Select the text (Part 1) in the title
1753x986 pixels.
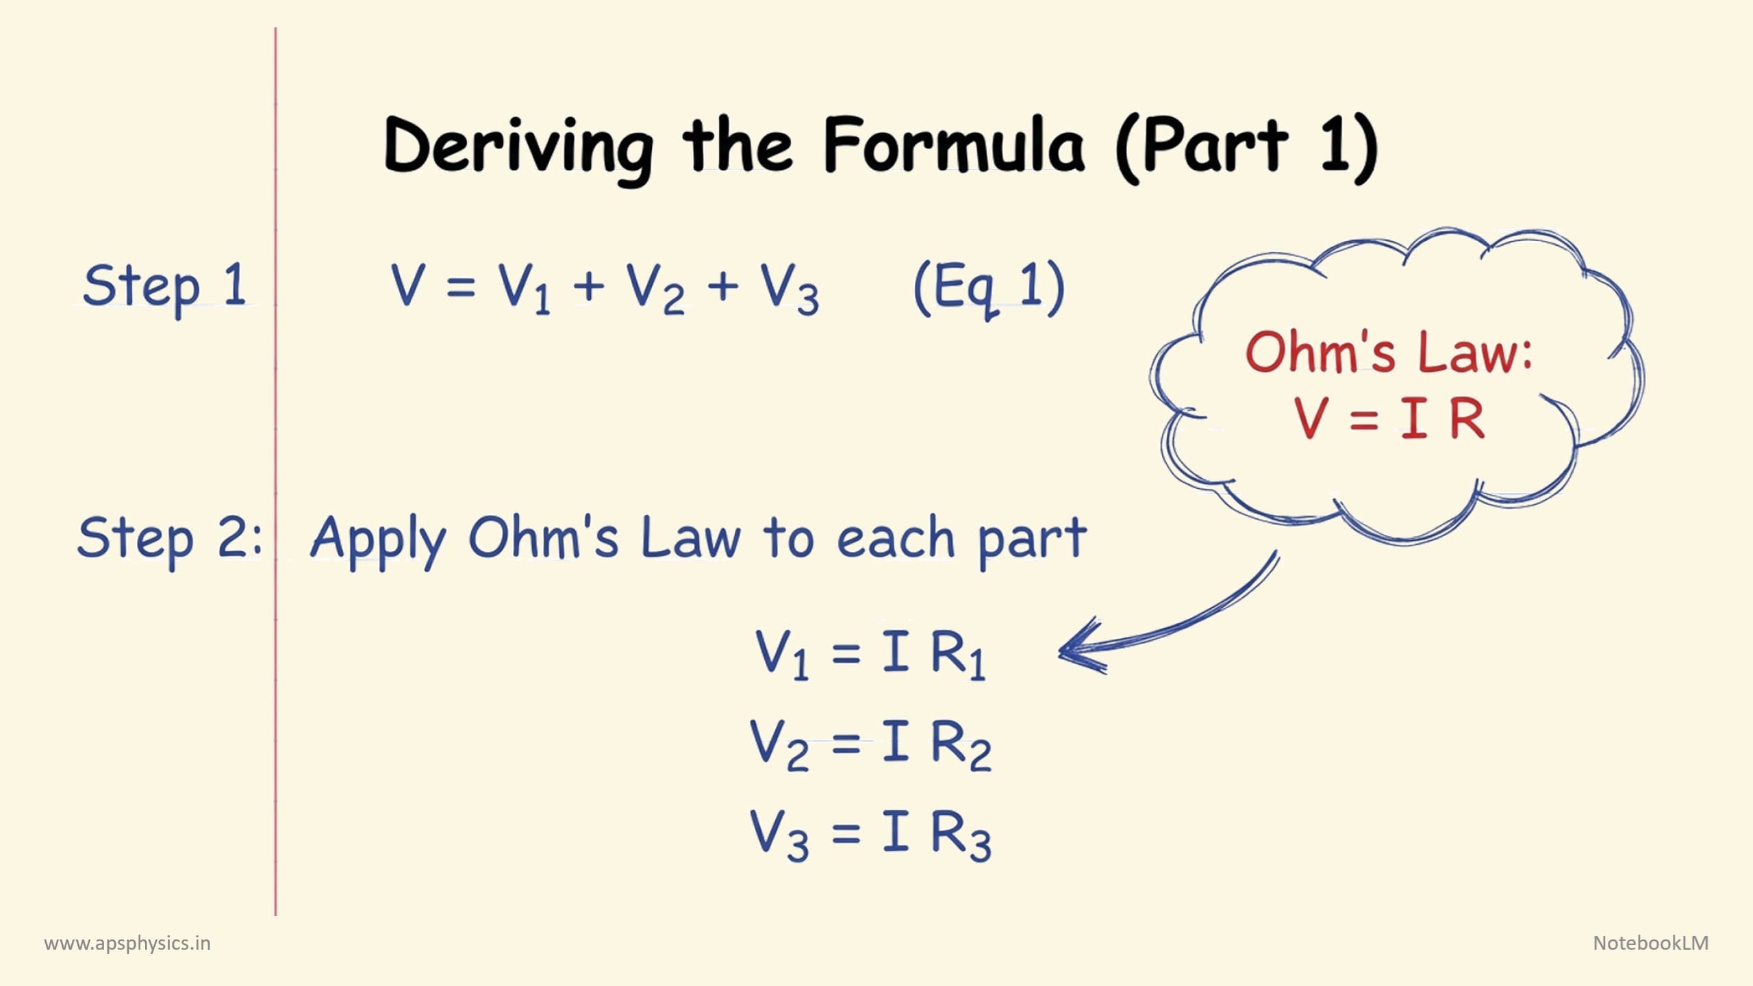pyautogui.click(x=1247, y=148)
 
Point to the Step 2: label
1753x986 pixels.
pyautogui.click(x=170, y=540)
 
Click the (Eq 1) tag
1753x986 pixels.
pyautogui.click(x=989, y=289)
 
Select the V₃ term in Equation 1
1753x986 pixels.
pyautogui.click(x=790, y=289)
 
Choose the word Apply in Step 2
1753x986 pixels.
pyautogui.click(x=379, y=542)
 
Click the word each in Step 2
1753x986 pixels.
pyautogui.click(x=896, y=538)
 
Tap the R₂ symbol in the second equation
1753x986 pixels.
pyautogui.click(x=961, y=746)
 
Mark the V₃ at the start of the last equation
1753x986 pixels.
pyautogui.click(x=779, y=835)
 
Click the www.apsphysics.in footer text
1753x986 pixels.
pyautogui.click(x=127, y=944)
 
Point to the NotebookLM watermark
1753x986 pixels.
pyautogui.click(x=1651, y=943)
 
